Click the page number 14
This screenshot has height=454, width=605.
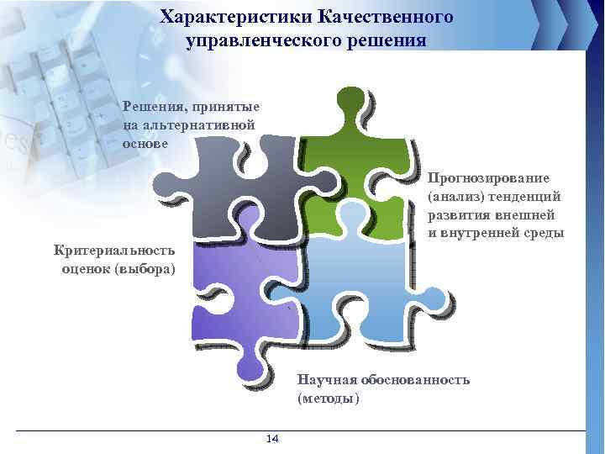pos(272,439)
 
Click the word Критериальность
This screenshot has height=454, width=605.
pos(114,250)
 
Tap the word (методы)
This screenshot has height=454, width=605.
pos(328,398)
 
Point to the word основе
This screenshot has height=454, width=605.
pos(145,143)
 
